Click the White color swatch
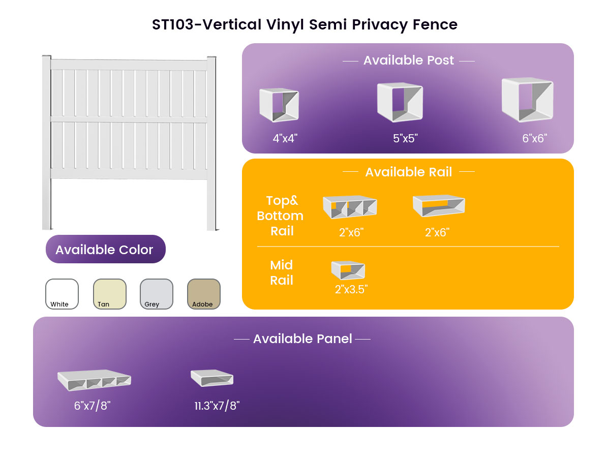62,294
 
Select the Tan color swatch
109,294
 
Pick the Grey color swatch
157,294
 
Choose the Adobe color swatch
204,294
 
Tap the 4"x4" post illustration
279,105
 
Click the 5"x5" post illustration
400,102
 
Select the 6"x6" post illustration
527,100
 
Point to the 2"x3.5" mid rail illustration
348,270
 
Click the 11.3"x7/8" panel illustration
212,378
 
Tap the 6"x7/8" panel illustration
94,380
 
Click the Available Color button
106,249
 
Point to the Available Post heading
408,60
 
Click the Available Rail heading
408,172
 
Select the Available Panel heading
302,339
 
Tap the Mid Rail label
282,272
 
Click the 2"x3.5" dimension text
351,290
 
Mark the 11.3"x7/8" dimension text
217,406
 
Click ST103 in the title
173,24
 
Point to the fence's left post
47,142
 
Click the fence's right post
211,143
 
